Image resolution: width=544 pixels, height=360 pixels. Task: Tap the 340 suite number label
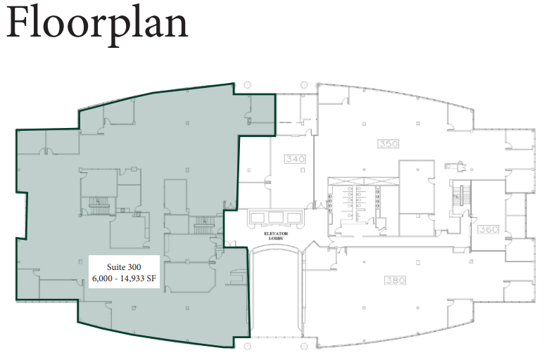295,159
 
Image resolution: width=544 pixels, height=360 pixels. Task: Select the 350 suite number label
388,144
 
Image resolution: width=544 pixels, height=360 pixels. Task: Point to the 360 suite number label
488,230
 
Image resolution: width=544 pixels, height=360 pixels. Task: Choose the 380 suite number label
396,280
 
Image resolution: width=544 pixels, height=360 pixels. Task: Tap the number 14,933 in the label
141,279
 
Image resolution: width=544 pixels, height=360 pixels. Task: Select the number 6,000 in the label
106,279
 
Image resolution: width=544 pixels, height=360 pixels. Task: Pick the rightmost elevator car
294,217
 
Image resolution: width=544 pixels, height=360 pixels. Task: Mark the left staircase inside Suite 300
96,204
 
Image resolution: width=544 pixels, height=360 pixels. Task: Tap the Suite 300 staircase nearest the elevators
202,225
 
